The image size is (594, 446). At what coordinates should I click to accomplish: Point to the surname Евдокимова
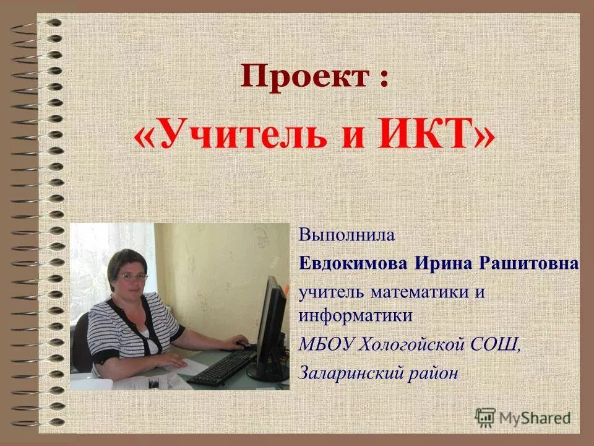(352, 264)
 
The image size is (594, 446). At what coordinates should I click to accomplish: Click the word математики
(419, 291)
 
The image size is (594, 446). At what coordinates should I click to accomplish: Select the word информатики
(356, 315)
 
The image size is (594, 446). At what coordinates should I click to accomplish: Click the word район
(436, 372)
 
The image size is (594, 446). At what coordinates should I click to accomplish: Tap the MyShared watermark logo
(523, 417)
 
